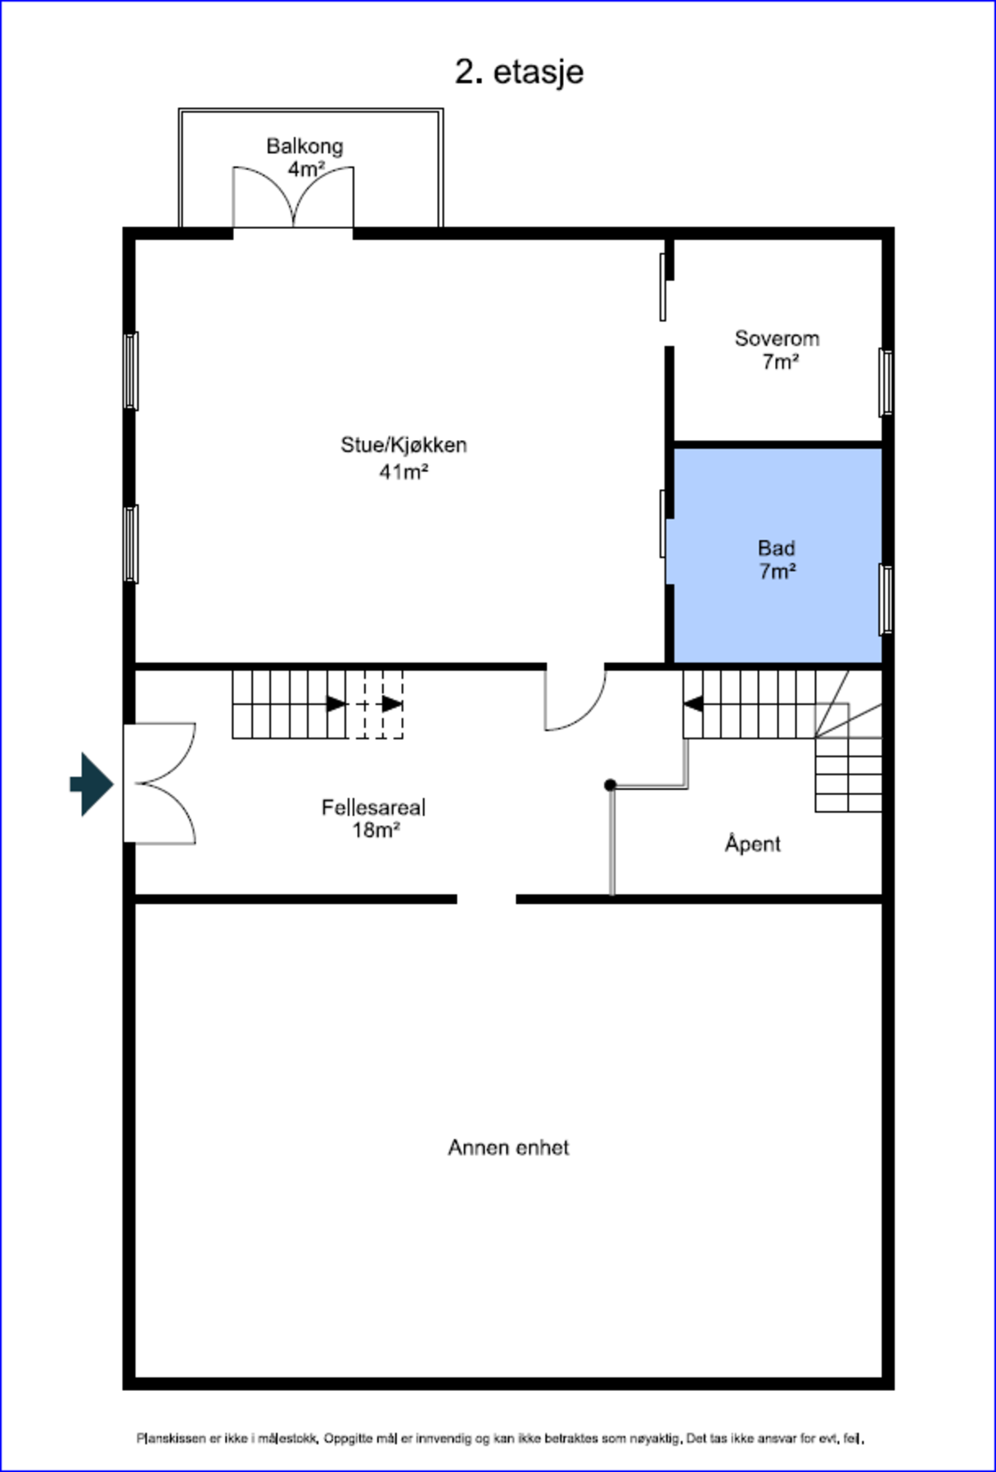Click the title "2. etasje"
pos(519,72)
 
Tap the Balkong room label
pos(304,146)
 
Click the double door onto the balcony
pos(293,199)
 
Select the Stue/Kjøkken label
pos(403,446)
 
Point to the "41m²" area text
pos(403,472)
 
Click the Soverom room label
pos(777,339)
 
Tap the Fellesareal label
pos(373,808)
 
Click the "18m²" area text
pos(376,831)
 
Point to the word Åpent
pos(752,844)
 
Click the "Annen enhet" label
pos(508,1148)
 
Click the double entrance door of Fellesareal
pos(160,783)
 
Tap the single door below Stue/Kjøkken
pos(574,700)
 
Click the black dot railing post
pos(610,785)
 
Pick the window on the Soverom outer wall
pos(886,382)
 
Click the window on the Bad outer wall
pos(886,599)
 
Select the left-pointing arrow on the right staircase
pos(692,703)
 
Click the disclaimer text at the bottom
pos(500,1438)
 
